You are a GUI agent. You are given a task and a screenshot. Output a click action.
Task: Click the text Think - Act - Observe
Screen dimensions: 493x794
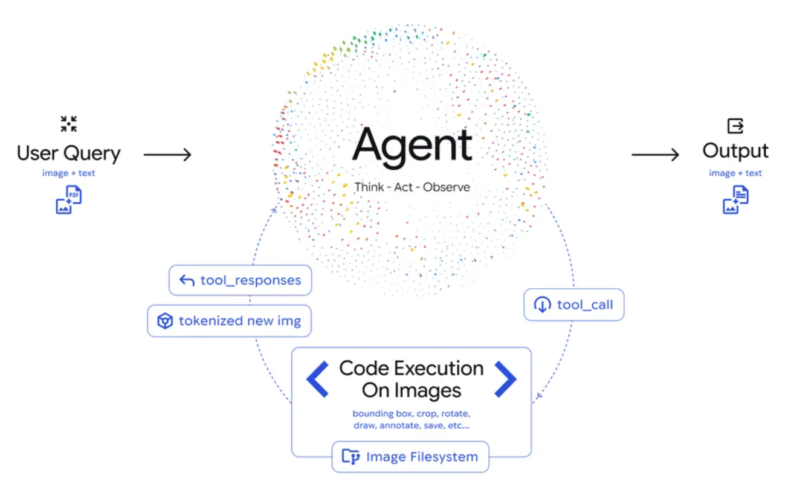click(412, 187)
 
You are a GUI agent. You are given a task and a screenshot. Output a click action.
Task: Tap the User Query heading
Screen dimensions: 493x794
click(69, 153)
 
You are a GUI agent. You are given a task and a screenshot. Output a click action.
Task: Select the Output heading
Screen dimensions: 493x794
click(735, 151)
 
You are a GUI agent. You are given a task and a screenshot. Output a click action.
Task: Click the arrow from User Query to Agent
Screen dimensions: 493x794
click(167, 155)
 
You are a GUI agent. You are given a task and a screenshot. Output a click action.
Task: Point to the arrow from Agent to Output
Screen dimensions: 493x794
click(656, 155)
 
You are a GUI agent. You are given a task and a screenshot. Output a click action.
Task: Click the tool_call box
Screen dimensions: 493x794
click(573, 305)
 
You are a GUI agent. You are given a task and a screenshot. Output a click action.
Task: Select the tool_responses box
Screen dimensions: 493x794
click(240, 280)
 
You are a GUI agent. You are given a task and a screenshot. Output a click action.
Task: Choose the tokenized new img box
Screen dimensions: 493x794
click(229, 321)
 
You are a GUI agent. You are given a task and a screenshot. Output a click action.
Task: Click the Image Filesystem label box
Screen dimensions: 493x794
click(410, 457)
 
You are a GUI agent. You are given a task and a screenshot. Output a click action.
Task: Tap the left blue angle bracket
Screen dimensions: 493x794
click(317, 379)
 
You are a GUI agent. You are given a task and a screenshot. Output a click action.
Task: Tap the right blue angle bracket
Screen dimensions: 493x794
click(505, 379)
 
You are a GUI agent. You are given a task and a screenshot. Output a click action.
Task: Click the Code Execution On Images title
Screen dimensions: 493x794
click(412, 379)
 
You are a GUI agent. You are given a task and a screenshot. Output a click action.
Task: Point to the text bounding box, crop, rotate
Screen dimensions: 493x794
click(412, 414)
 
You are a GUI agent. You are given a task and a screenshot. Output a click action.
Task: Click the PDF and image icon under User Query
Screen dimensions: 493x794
click(69, 199)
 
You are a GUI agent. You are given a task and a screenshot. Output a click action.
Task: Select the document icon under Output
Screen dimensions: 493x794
click(735, 199)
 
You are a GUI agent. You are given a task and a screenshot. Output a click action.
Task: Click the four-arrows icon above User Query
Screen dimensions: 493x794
click(69, 124)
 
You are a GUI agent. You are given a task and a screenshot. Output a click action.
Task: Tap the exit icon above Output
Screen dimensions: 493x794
click(735, 126)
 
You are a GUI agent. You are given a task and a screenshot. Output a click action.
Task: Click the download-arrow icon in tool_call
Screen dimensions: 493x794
click(542, 305)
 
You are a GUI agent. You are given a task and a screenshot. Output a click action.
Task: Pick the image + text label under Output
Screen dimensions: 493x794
click(735, 173)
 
